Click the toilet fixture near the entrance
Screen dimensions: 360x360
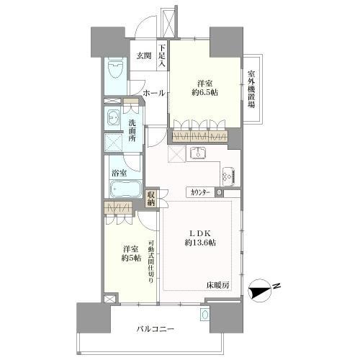coord(113,72)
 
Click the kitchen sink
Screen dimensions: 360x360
coord(198,153)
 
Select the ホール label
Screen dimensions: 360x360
coord(154,93)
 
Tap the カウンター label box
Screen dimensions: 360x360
coord(201,192)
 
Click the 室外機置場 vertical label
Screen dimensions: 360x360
coord(252,89)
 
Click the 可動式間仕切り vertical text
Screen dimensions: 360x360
coord(151,261)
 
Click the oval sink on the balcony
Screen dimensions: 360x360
coord(204,315)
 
